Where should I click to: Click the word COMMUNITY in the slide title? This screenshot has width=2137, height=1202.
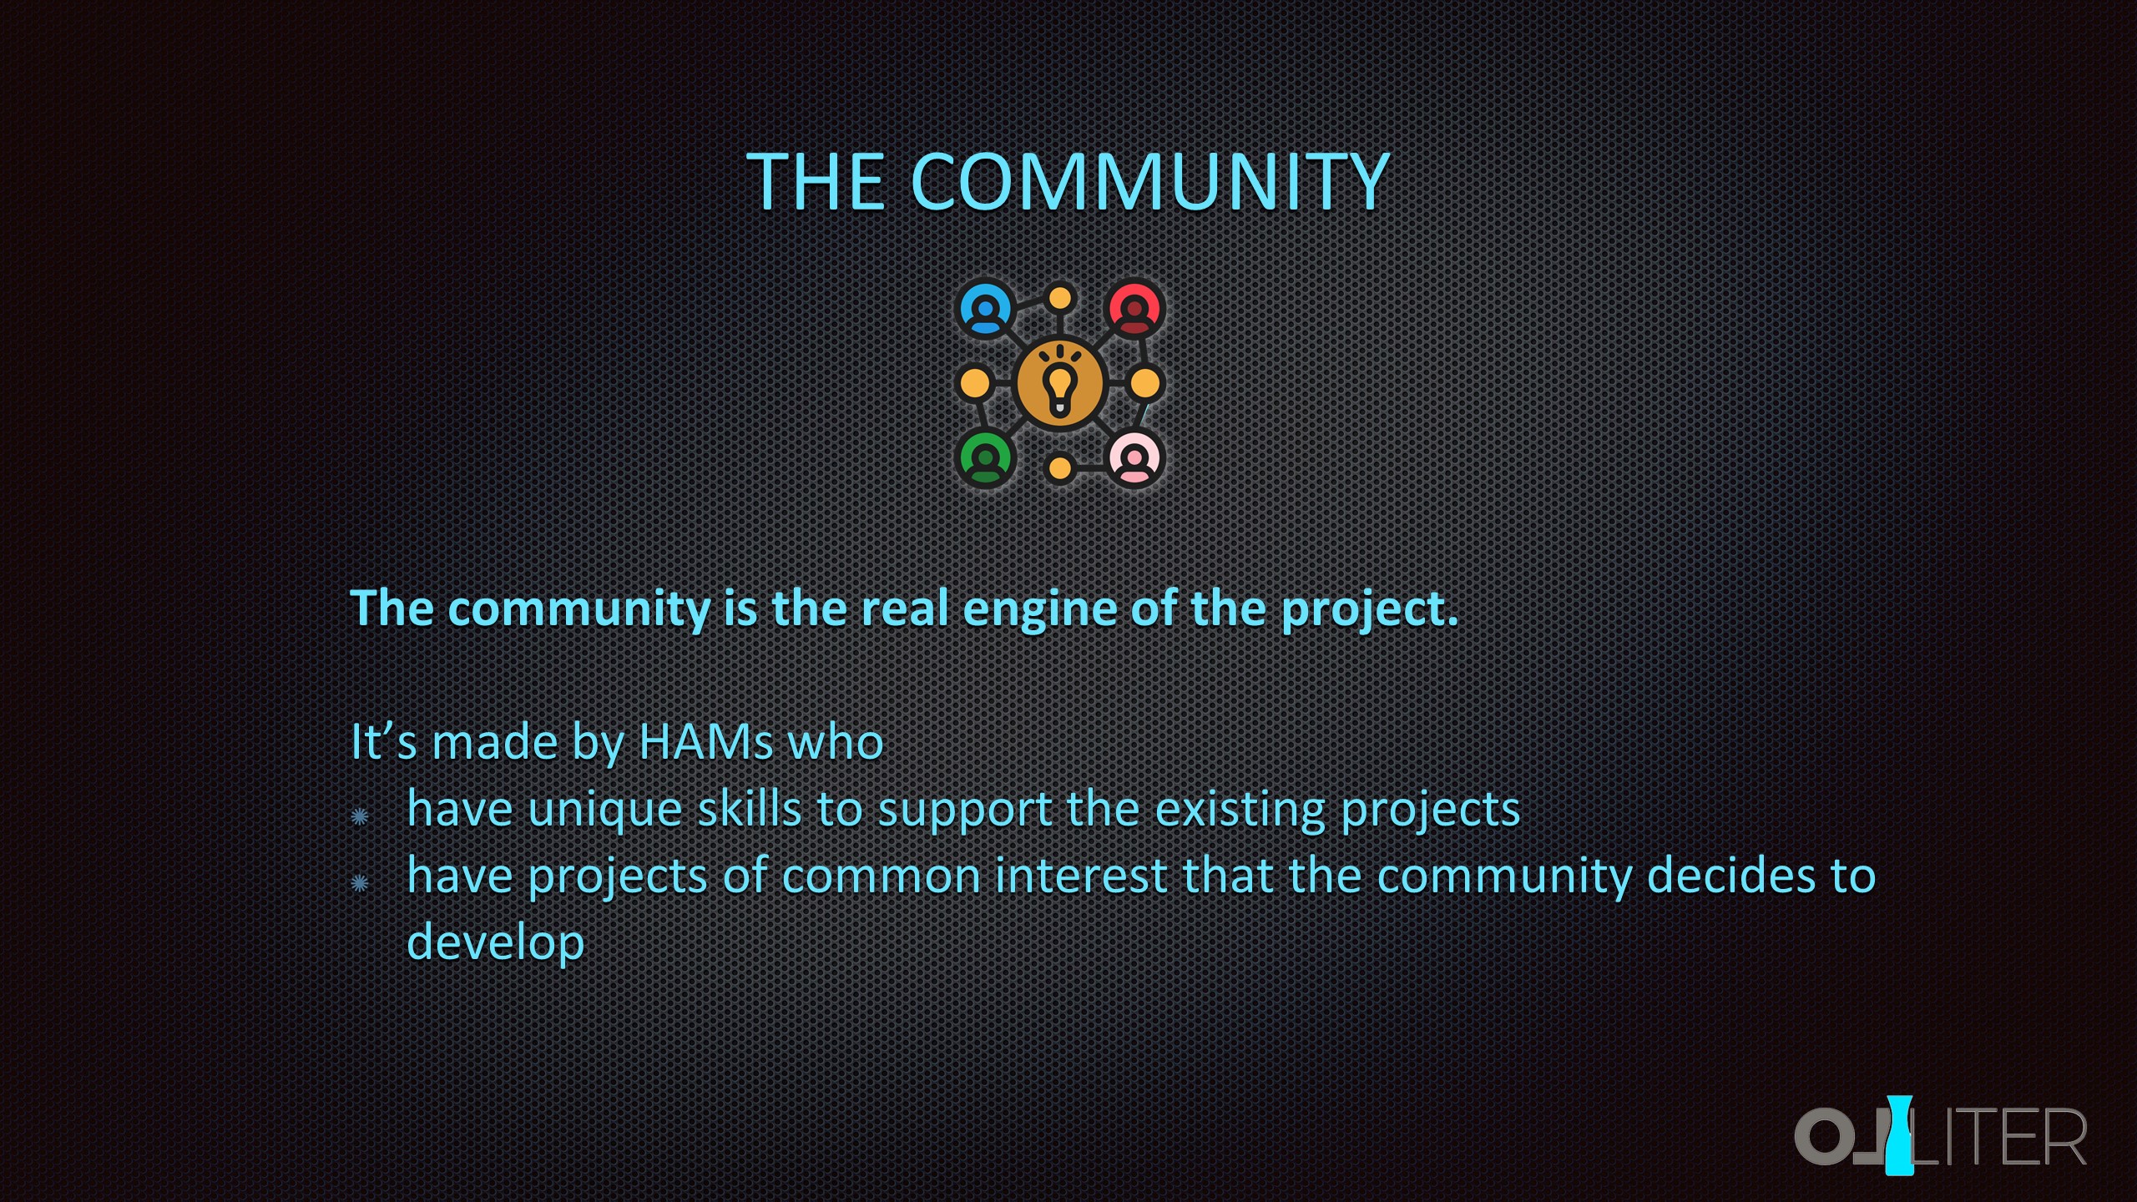click(x=1150, y=181)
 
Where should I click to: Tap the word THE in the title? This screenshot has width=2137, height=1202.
click(x=816, y=181)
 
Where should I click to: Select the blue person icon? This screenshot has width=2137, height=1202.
click(x=986, y=309)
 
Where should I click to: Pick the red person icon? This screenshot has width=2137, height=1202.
click(x=1134, y=309)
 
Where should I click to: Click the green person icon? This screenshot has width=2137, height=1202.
click(x=986, y=458)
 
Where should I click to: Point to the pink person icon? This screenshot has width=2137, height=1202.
click(x=1134, y=458)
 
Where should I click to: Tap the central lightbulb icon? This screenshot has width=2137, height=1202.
click(x=1060, y=383)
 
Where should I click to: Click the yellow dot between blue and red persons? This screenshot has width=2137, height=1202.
click(x=1060, y=298)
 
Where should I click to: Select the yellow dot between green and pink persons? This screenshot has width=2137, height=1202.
click(x=1060, y=468)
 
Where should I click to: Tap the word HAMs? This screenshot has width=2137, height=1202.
click(x=707, y=741)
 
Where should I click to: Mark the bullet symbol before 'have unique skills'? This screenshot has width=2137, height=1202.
click(x=360, y=816)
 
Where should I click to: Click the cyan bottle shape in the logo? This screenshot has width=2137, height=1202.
click(x=1899, y=1134)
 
